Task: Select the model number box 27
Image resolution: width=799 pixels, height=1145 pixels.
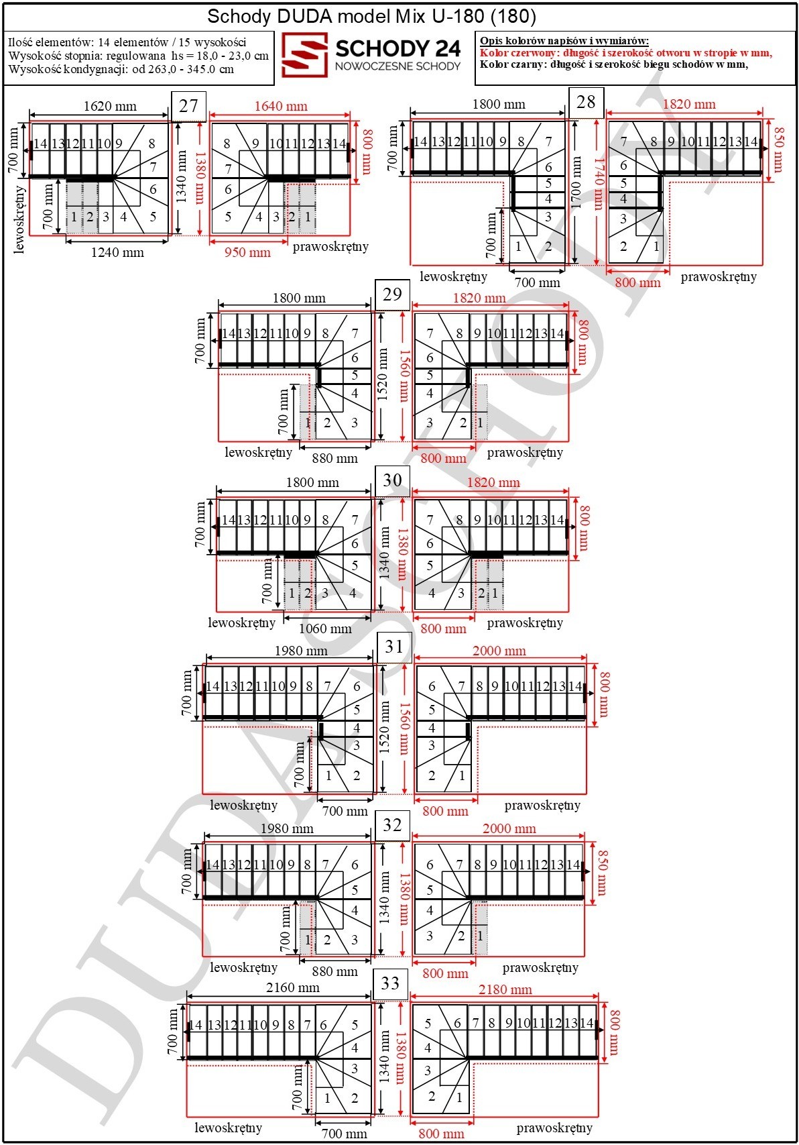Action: click(188, 107)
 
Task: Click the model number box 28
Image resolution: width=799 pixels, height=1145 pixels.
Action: click(586, 102)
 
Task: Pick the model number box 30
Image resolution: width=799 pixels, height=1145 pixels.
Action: click(392, 480)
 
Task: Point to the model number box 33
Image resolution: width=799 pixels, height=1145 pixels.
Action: click(390, 983)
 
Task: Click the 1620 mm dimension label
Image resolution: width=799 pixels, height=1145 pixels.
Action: click(110, 107)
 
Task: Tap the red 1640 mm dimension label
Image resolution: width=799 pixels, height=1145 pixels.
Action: click(281, 107)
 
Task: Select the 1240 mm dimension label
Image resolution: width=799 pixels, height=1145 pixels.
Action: click(117, 252)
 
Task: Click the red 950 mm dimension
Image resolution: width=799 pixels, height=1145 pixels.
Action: click(247, 252)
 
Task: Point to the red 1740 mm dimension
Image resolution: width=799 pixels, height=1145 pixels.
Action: click(598, 184)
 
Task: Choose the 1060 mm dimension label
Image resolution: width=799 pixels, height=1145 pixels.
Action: click(325, 629)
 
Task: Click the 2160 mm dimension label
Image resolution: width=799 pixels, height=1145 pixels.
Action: click(293, 987)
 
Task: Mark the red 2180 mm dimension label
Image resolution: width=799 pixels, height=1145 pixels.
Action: click(505, 989)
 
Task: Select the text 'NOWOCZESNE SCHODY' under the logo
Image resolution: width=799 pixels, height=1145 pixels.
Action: click(398, 66)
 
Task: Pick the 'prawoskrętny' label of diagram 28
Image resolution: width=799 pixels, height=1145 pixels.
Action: click(719, 277)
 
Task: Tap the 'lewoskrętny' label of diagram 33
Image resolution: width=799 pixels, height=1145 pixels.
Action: click(229, 1127)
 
